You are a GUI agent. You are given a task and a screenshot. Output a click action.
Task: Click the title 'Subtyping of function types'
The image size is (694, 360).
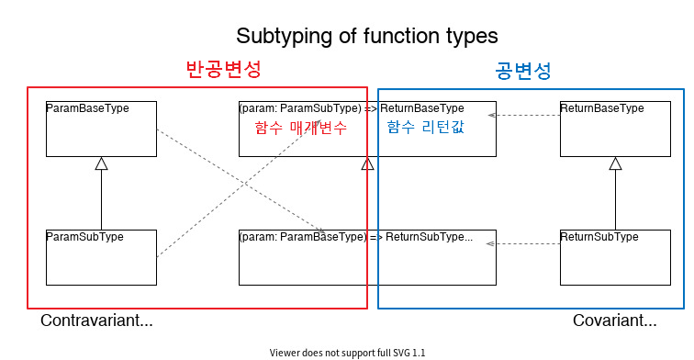click(x=366, y=36)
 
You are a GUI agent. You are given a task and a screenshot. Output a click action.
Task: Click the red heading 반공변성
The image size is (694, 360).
click(x=224, y=70)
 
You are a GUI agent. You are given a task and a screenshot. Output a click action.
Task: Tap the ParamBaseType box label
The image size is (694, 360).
click(x=87, y=108)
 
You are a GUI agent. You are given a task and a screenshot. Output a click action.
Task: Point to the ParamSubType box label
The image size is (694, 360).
click(x=84, y=237)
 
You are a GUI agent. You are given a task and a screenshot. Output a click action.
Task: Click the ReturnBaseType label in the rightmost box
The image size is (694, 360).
click(x=601, y=108)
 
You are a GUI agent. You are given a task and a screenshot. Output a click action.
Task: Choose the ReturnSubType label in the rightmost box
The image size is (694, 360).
click(x=599, y=237)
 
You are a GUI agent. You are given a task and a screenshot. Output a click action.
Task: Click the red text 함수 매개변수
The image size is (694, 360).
click(x=301, y=129)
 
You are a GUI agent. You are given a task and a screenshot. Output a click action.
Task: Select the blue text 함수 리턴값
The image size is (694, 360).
click(x=425, y=128)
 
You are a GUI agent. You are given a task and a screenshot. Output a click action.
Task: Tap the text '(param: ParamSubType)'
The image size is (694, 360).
click(x=300, y=108)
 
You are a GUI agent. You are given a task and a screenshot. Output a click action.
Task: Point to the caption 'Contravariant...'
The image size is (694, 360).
click(x=96, y=321)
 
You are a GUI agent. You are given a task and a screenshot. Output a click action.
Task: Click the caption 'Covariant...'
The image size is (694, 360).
click(x=614, y=321)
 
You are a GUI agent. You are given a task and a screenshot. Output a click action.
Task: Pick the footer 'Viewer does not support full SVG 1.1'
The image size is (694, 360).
click(x=347, y=353)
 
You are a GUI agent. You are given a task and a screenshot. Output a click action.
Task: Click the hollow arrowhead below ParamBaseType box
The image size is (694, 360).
click(x=101, y=163)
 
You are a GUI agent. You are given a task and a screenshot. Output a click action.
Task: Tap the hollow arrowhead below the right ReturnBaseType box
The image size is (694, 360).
click(x=615, y=163)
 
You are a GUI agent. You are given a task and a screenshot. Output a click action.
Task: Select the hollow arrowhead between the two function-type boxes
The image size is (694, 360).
click(x=367, y=163)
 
